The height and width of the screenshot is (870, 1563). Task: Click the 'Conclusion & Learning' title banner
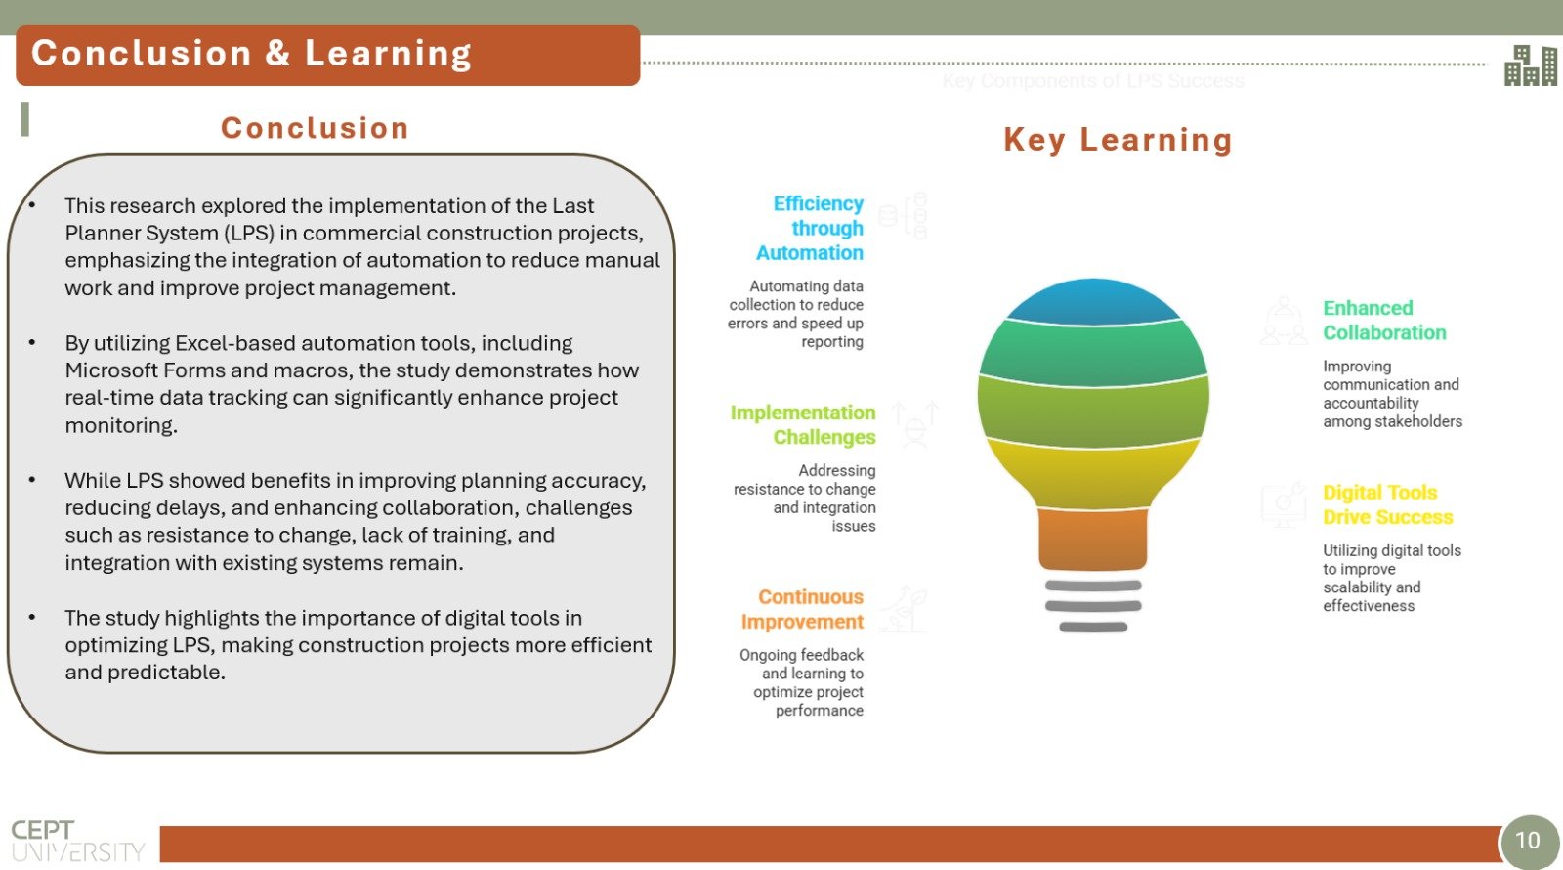(327, 55)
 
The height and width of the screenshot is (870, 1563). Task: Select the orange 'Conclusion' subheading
(315, 128)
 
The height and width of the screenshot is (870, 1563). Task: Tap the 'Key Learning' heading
(1118, 140)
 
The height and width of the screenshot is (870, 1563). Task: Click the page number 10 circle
(1528, 841)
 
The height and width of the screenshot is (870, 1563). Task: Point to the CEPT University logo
(77, 841)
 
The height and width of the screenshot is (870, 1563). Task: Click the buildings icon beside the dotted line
(1530, 65)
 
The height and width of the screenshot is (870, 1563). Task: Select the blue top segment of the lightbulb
(1093, 302)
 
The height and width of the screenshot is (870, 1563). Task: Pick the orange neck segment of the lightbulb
(1093, 539)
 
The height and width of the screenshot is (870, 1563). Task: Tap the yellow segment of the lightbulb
(1093, 476)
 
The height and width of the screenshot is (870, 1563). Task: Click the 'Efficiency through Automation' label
(810, 229)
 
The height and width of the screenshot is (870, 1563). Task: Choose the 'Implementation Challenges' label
(803, 424)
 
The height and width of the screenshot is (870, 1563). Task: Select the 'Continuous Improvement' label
(802, 609)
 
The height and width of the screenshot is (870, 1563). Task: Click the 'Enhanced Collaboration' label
(1384, 321)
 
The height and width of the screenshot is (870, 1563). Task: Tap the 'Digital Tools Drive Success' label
(1387, 504)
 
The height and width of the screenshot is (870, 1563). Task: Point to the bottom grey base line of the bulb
(1093, 627)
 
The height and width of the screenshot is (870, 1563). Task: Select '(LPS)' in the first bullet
(248, 234)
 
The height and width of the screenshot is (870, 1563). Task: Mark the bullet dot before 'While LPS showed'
(32, 480)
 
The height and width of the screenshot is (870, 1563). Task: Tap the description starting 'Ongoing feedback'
(802, 683)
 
